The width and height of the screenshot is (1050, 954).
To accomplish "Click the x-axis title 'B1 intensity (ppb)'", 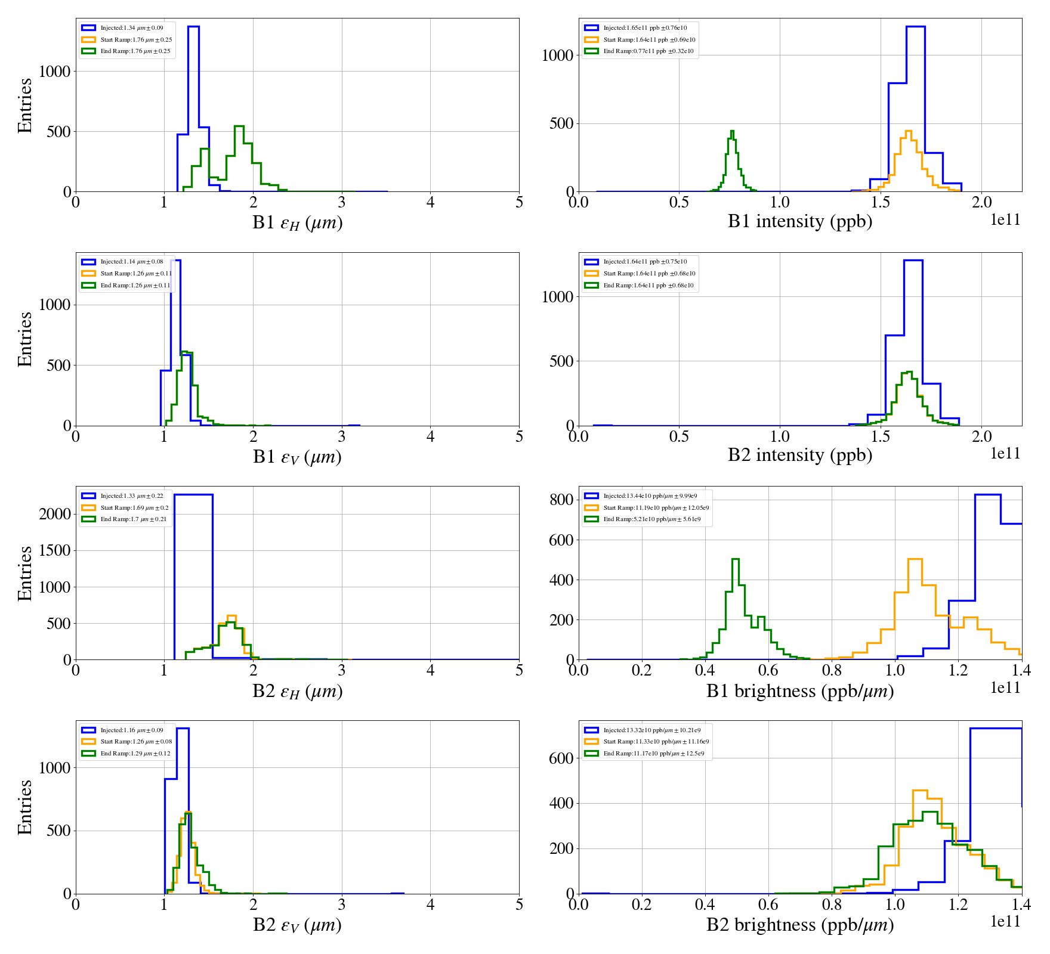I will pyautogui.click(x=799, y=222).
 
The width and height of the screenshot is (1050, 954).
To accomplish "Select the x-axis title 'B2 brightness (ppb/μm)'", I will pyautogui.click(x=799, y=925).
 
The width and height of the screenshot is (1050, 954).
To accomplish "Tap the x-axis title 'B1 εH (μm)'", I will pyautogui.click(x=297, y=222).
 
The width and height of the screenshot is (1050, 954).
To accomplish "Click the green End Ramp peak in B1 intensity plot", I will pyautogui.click(x=732, y=132).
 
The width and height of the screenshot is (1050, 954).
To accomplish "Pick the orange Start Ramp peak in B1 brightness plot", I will pyautogui.click(x=915, y=560).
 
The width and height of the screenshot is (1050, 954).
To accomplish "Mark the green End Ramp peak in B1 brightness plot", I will pyautogui.click(x=735, y=560).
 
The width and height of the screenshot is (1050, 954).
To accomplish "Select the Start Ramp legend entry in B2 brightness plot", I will pyautogui.click(x=656, y=742).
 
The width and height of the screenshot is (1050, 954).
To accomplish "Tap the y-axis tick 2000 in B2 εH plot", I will pyautogui.click(x=55, y=514).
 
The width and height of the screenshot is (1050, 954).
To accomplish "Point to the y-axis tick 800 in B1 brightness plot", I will pyautogui.click(x=561, y=500).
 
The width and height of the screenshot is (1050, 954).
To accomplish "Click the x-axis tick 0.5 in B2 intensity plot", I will pyautogui.click(x=679, y=436).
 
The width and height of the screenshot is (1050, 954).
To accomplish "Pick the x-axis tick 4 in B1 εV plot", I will pyautogui.click(x=430, y=436).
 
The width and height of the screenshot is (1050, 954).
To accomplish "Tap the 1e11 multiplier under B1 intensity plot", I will pyautogui.click(x=1005, y=220).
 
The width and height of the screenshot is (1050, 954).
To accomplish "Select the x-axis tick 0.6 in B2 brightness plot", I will pyautogui.click(x=768, y=905).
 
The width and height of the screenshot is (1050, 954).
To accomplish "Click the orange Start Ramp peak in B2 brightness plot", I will pyautogui.click(x=921, y=792).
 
